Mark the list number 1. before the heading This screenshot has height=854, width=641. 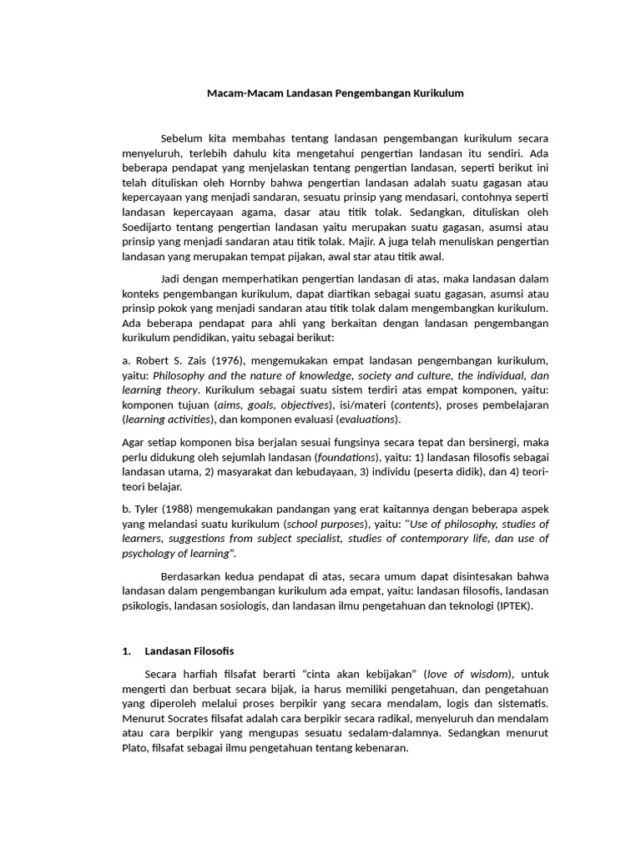tap(127, 651)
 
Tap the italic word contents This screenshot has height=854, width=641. tap(416, 404)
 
